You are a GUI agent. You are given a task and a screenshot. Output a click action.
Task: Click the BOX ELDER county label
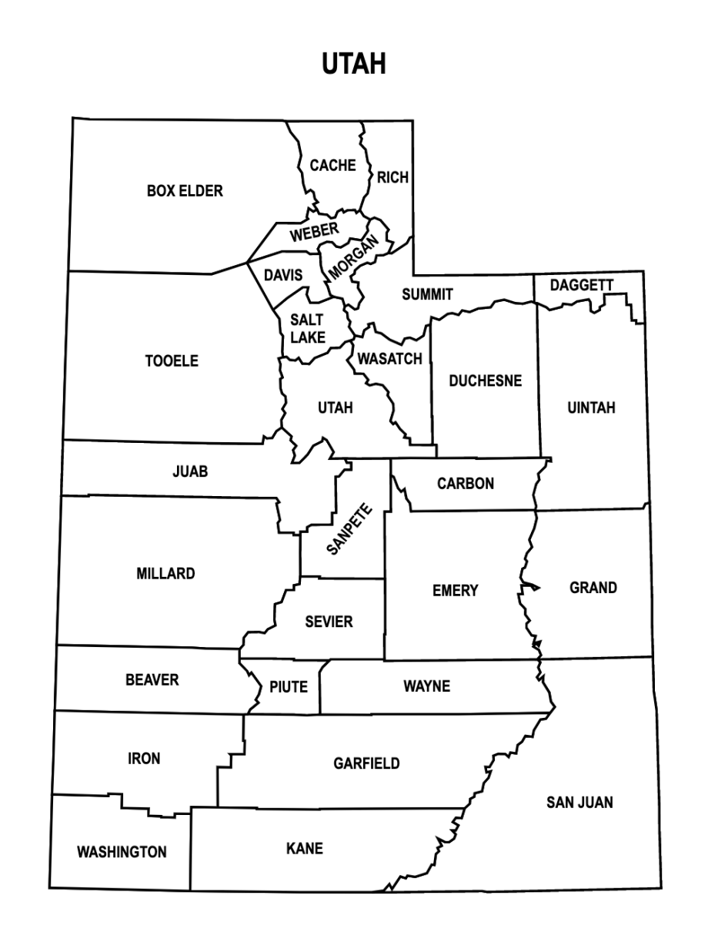pos(185,190)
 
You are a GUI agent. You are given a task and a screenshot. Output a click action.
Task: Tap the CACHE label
pos(332,166)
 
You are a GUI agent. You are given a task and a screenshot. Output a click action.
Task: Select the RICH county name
pos(392,178)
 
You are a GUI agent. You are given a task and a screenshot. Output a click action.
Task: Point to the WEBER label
pos(314,231)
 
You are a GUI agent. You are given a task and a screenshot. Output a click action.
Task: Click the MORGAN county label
pos(354,258)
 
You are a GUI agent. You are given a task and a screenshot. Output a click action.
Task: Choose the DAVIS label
pos(283,276)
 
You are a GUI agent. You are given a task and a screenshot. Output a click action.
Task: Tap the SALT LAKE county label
pos(308,329)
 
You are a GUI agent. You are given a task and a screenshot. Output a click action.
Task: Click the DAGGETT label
pos(581,286)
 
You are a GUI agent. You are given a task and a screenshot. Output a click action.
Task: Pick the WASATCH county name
pos(389,359)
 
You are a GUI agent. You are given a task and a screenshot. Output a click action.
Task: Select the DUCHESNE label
pos(485,381)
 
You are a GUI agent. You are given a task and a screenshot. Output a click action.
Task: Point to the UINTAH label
pos(591,407)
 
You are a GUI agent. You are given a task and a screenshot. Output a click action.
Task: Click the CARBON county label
pos(465,484)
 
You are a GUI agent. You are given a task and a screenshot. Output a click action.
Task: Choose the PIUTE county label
pos(288,686)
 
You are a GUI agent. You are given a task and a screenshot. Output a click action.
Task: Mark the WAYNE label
pos(426,686)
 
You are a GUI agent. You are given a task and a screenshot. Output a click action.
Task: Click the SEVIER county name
pos(329,622)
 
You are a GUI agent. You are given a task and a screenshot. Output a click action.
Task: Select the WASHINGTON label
pos(122,852)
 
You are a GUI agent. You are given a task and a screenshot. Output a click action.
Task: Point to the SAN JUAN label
pos(579,803)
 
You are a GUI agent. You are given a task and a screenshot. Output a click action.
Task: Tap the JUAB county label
pos(190,471)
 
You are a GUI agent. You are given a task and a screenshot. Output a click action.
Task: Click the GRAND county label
pos(593,588)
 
